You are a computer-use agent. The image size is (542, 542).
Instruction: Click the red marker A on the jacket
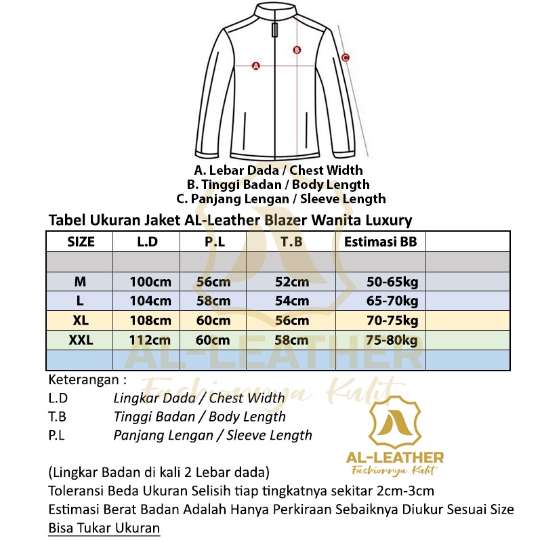click(x=256, y=66)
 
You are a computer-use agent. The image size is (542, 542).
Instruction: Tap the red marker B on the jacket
click(x=296, y=49)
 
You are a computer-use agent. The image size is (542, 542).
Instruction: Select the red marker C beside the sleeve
click(x=345, y=58)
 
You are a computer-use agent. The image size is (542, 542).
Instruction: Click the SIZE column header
click(x=81, y=242)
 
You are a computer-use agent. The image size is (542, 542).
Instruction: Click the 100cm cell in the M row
click(x=151, y=282)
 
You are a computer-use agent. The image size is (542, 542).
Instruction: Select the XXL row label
click(x=81, y=340)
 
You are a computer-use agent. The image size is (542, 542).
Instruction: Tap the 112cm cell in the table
click(x=151, y=340)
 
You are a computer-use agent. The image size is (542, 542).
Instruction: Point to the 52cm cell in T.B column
click(x=292, y=282)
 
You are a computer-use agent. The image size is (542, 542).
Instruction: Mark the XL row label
click(x=81, y=320)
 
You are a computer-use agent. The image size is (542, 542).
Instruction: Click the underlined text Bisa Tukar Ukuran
click(x=104, y=528)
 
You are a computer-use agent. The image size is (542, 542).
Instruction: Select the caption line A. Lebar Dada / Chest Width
click(x=278, y=170)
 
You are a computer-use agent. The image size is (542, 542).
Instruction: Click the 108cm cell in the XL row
click(x=151, y=320)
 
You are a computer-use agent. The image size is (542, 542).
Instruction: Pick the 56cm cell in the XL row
click(x=292, y=320)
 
